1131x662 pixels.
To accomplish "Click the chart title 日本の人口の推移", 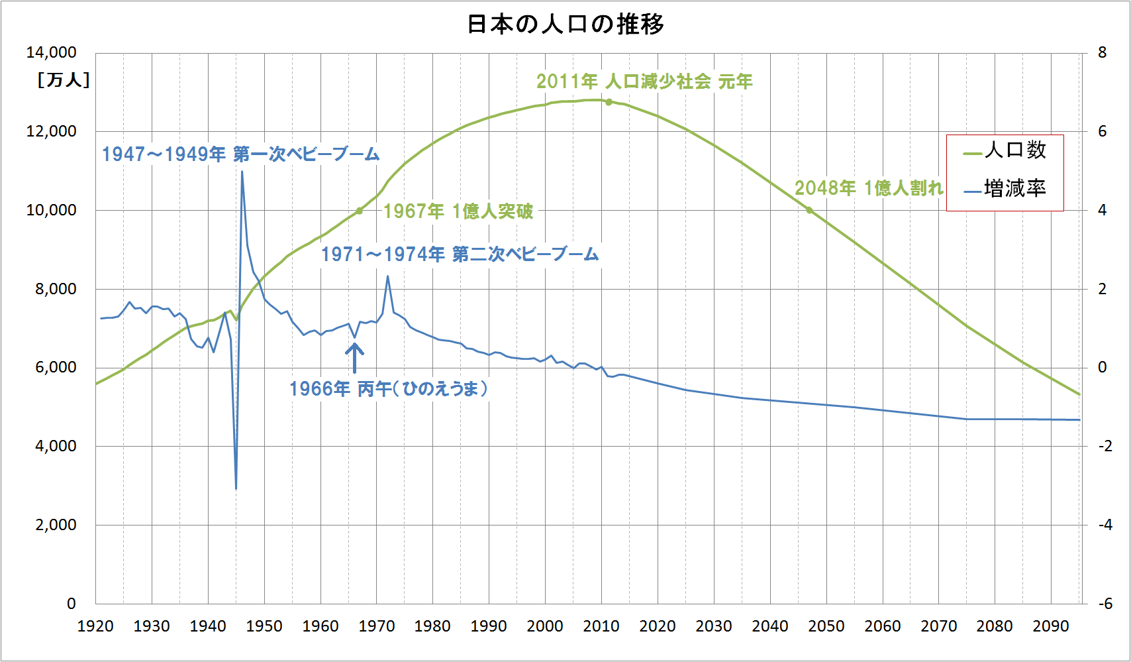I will pos(565,25).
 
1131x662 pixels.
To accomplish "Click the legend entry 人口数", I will pos(1014,150).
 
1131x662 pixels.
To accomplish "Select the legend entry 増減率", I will pos(1014,189).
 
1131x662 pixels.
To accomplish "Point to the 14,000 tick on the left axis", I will pos(51,52).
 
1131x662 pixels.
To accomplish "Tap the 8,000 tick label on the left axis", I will pos(56,289).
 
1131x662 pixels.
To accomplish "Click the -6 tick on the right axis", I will pos(1105,604).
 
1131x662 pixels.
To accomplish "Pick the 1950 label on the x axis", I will pos(264,626).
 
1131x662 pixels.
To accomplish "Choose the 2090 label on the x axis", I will pos(1051,626).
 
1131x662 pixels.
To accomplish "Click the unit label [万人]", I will pos(63,80).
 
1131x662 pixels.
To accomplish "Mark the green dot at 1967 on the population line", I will pos(360,211).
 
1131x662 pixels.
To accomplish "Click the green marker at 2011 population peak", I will pos(609,102).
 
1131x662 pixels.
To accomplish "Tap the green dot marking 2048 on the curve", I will pos(809,210).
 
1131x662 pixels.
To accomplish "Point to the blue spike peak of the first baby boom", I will pos(242,172).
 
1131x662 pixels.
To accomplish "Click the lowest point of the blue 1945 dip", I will pos(236,488).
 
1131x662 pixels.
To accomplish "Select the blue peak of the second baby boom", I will pos(387,276).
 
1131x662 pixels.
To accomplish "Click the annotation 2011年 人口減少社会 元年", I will pos(644,82).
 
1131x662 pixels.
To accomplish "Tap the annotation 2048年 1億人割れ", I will pos(869,188).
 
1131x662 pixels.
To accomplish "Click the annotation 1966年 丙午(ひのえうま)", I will pos(389,389).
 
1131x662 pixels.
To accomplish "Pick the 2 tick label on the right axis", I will pos(1102,289).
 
